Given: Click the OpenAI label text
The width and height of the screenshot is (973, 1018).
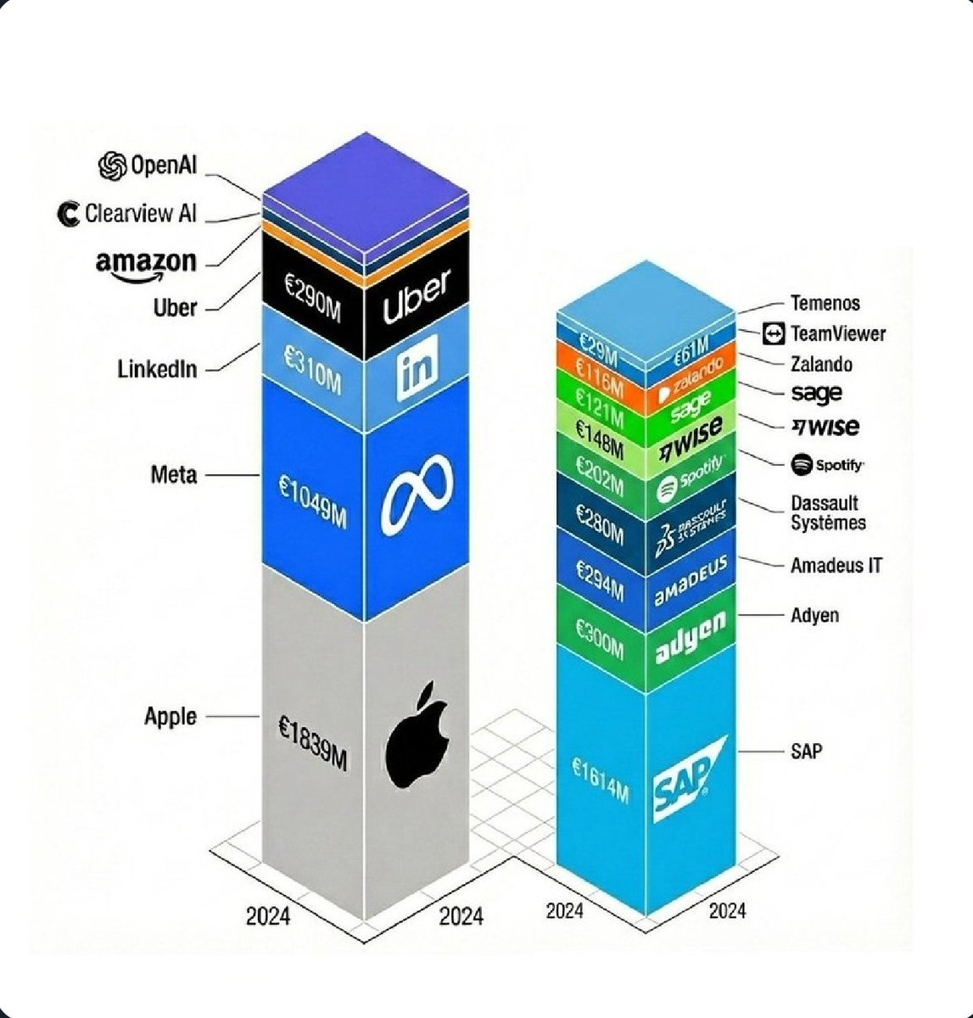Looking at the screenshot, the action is (163, 165).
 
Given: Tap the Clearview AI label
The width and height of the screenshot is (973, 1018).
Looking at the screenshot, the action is (140, 213).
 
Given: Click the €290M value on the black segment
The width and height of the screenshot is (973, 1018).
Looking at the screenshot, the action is (312, 298).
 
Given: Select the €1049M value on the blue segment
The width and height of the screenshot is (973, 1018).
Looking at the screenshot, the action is (312, 501).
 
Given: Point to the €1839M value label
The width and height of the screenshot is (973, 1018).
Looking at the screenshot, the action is (312, 742).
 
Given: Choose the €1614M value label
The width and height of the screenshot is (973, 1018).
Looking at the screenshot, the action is (600, 780).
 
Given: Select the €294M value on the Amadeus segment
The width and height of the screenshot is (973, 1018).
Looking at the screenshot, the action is (599, 580).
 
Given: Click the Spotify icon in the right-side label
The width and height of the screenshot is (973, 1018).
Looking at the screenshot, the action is (802, 464).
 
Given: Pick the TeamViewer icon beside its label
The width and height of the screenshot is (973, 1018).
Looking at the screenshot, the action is (774, 333).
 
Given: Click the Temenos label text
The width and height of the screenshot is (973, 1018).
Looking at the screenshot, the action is (825, 303).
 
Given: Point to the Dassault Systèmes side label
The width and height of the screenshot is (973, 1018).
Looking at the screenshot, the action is (828, 513).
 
